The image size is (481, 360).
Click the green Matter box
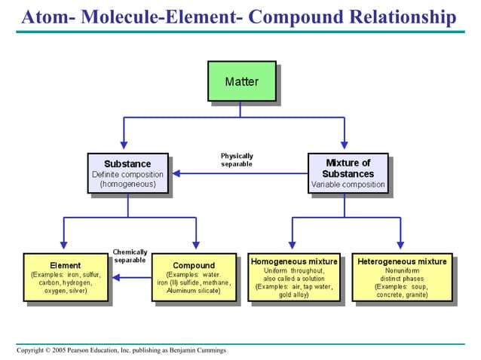click(x=241, y=81)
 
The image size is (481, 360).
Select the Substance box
click(x=127, y=174)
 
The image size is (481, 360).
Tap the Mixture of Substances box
click(x=348, y=174)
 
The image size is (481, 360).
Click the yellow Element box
click(x=66, y=276)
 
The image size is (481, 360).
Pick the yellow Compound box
click(x=194, y=276)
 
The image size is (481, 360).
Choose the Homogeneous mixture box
click(x=293, y=276)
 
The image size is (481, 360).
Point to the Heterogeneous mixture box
click(x=402, y=276)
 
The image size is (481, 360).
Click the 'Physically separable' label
click(x=237, y=160)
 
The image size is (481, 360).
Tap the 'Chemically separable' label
click(x=130, y=256)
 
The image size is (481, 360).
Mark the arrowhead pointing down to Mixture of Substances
click(x=345, y=145)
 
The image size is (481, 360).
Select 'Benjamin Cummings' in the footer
click(x=197, y=350)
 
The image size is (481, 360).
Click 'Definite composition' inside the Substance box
click(x=127, y=174)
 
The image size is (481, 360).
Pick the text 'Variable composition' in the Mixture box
click(x=348, y=185)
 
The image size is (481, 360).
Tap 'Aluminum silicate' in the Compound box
click(x=194, y=291)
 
